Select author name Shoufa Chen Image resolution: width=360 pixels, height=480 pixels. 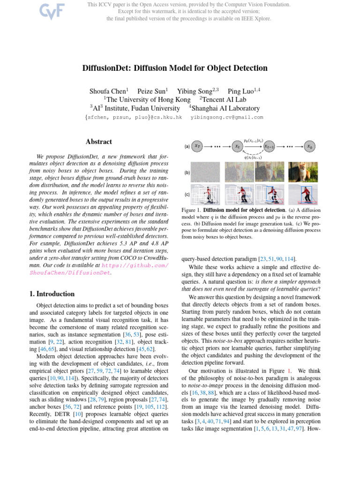107,91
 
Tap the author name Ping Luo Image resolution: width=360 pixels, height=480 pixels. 242,91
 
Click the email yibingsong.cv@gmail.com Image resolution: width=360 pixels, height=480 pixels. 227,117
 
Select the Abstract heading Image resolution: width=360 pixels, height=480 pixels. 99,142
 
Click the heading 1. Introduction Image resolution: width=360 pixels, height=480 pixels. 49,294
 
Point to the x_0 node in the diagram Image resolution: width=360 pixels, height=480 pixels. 309,146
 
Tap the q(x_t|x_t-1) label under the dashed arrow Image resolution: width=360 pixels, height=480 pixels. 253,157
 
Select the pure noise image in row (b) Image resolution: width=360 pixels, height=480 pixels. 207,172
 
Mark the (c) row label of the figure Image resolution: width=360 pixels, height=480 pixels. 187,194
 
